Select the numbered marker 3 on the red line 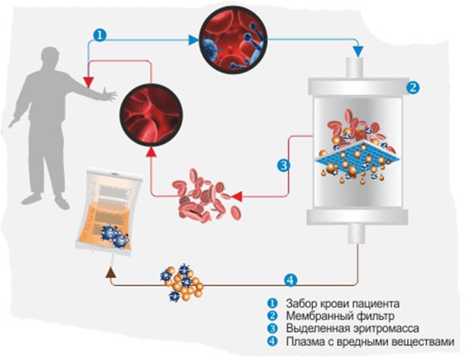coord(284,165)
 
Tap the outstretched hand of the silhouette coord(107,95)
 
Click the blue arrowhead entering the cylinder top coord(358,52)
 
